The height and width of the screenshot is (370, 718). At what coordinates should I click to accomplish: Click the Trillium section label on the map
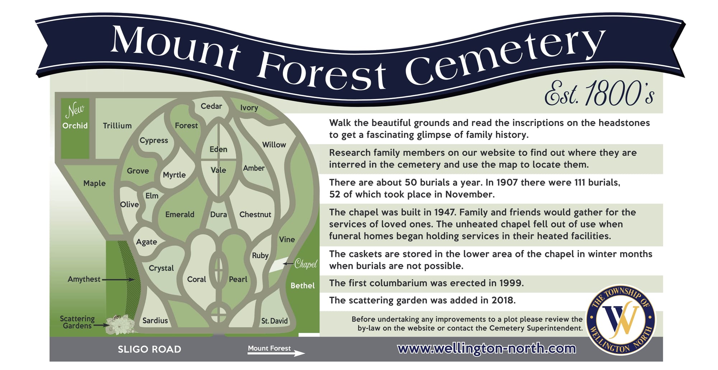point(117,126)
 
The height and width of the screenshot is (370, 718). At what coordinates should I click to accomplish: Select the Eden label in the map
point(218,149)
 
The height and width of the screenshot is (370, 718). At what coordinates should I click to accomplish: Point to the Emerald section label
point(179,214)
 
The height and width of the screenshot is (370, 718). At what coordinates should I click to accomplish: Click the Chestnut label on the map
point(255,214)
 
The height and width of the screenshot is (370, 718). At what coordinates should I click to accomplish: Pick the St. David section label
point(274,321)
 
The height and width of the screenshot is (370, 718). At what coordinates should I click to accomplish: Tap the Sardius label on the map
point(155,320)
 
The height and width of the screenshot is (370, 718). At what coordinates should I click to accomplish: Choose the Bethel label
point(303,286)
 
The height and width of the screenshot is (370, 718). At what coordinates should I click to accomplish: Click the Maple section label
point(94,183)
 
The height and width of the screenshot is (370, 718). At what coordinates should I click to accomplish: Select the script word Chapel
point(306,264)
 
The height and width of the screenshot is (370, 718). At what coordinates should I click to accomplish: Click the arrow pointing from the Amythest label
point(118,280)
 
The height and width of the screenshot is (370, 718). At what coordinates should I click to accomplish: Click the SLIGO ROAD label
point(149,349)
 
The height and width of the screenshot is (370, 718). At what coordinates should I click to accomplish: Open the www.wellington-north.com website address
point(486,348)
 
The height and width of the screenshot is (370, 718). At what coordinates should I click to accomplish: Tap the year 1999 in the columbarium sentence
point(511,283)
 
